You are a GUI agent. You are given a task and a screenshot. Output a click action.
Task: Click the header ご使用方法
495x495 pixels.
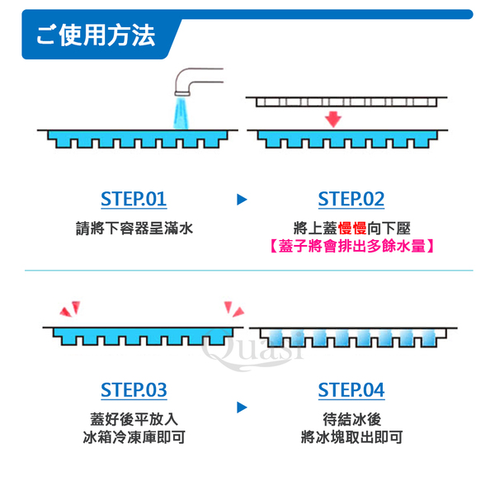(96, 36)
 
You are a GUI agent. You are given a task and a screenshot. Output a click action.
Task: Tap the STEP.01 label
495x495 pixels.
(134, 199)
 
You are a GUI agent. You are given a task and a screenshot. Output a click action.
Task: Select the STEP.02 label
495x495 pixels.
(351, 199)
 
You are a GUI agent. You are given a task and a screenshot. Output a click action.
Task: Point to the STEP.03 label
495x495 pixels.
(134, 389)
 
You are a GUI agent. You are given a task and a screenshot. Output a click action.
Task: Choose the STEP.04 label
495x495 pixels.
(351, 389)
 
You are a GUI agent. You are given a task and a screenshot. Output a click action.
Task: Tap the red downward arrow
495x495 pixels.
(333, 119)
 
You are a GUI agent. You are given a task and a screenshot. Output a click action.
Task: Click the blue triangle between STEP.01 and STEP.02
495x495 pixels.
(242, 200)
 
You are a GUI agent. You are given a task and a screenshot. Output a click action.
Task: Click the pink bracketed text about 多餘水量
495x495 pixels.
(351, 246)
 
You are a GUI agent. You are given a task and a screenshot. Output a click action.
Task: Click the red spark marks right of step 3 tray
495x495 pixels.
(233, 309)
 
